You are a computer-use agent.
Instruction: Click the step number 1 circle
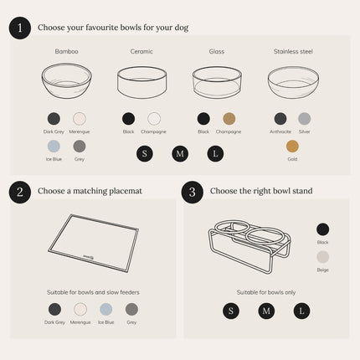[x=20, y=28]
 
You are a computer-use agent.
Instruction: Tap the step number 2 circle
[x=20, y=191]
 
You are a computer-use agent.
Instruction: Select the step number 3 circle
[x=193, y=191]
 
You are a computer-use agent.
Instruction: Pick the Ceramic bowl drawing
[x=141, y=82]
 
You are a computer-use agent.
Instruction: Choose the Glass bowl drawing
[x=217, y=82]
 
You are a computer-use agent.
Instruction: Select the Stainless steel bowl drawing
[x=293, y=82]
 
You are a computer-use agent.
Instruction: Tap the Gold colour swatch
[x=292, y=146]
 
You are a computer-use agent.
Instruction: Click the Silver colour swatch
[x=305, y=119]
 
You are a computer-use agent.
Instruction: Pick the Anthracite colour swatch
[x=280, y=119]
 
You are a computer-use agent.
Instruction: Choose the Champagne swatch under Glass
[x=229, y=119]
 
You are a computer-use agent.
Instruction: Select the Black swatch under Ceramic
[x=128, y=119]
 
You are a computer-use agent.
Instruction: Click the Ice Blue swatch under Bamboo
[x=54, y=146]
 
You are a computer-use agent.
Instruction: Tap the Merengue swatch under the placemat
[x=80, y=310]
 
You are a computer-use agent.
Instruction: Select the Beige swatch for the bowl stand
[x=323, y=257]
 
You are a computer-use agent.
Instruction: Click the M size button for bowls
[x=179, y=154]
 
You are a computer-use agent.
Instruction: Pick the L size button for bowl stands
[x=302, y=311]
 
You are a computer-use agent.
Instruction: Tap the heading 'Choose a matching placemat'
[x=90, y=191]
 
